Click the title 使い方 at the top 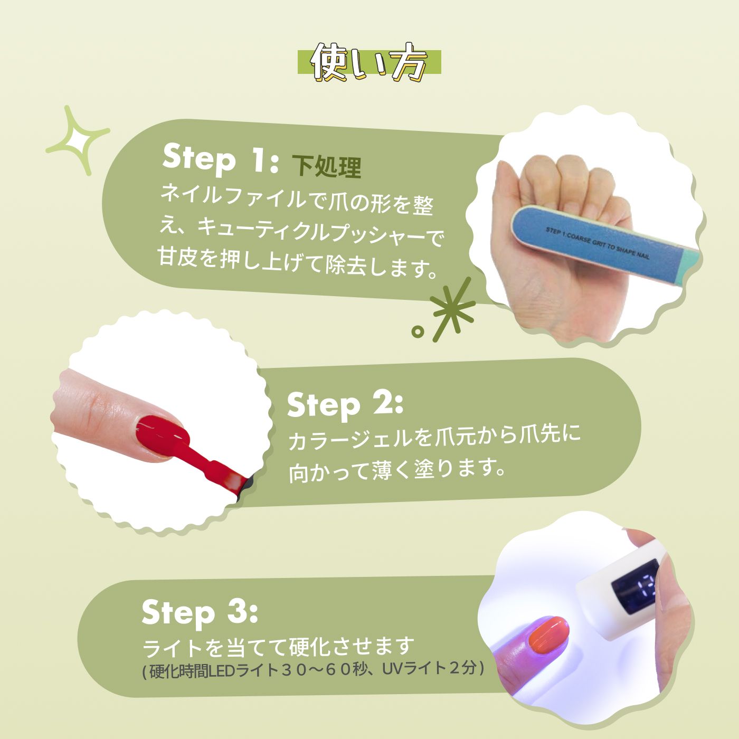click(369, 62)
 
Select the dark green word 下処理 click(326, 167)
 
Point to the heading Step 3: click(200, 612)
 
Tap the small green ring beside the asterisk click(418, 331)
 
